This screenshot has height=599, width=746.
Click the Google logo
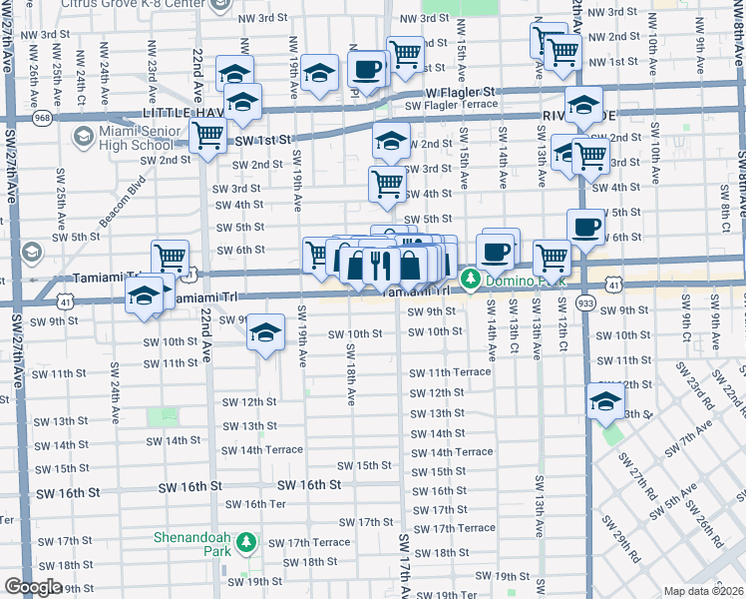[x=33, y=586]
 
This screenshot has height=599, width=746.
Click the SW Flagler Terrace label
[x=450, y=104]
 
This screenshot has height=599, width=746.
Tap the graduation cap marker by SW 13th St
[x=605, y=401]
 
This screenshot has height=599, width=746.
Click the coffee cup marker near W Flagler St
[x=368, y=70]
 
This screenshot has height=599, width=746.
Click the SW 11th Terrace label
[x=449, y=371]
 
